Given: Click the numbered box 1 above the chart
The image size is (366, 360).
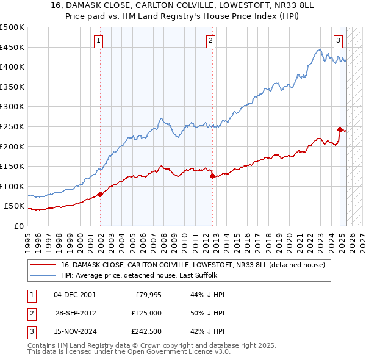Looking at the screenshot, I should coord(98,41).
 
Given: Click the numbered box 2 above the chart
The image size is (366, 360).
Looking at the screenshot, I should coord(210,41).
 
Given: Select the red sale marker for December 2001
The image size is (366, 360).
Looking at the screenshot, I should coord(101,195).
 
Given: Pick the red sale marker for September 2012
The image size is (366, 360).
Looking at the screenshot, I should coord(212,176).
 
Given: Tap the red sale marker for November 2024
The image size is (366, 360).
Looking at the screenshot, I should coord(340,129).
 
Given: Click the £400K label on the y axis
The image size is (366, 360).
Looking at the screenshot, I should coord(12,67).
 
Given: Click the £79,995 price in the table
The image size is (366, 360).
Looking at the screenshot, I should coord(147,295).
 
